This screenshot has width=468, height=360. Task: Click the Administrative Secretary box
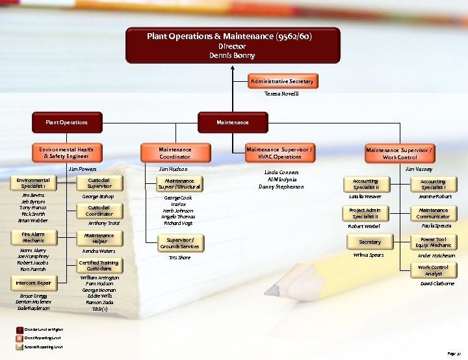[x=282, y=81]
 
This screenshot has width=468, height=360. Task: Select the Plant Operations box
[x=66, y=122]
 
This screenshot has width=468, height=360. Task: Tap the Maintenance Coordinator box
[x=175, y=153]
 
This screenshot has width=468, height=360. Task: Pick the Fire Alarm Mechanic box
[x=33, y=237]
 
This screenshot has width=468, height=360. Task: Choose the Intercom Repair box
[x=34, y=283]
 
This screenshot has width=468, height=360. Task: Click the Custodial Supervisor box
[x=99, y=183]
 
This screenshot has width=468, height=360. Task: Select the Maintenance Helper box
[x=99, y=238]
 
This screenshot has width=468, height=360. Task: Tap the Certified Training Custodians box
[x=99, y=265]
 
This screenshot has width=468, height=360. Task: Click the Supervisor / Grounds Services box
[x=179, y=243]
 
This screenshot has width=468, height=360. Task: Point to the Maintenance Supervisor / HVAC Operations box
[x=279, y=153]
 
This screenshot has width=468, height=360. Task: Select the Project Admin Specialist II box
[x=365, y=213]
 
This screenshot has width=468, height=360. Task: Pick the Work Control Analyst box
[x=433, y=270]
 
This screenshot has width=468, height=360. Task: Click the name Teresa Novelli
[x=281, y=94]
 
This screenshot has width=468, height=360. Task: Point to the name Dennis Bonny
[x=232, y=56]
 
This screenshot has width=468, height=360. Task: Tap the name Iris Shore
[x=179, y=257]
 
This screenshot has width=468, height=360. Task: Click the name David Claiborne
[x=437, y=284]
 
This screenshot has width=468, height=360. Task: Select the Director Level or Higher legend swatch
[x=19, y=330]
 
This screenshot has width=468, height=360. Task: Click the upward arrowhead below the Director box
[x=232, y=67]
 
